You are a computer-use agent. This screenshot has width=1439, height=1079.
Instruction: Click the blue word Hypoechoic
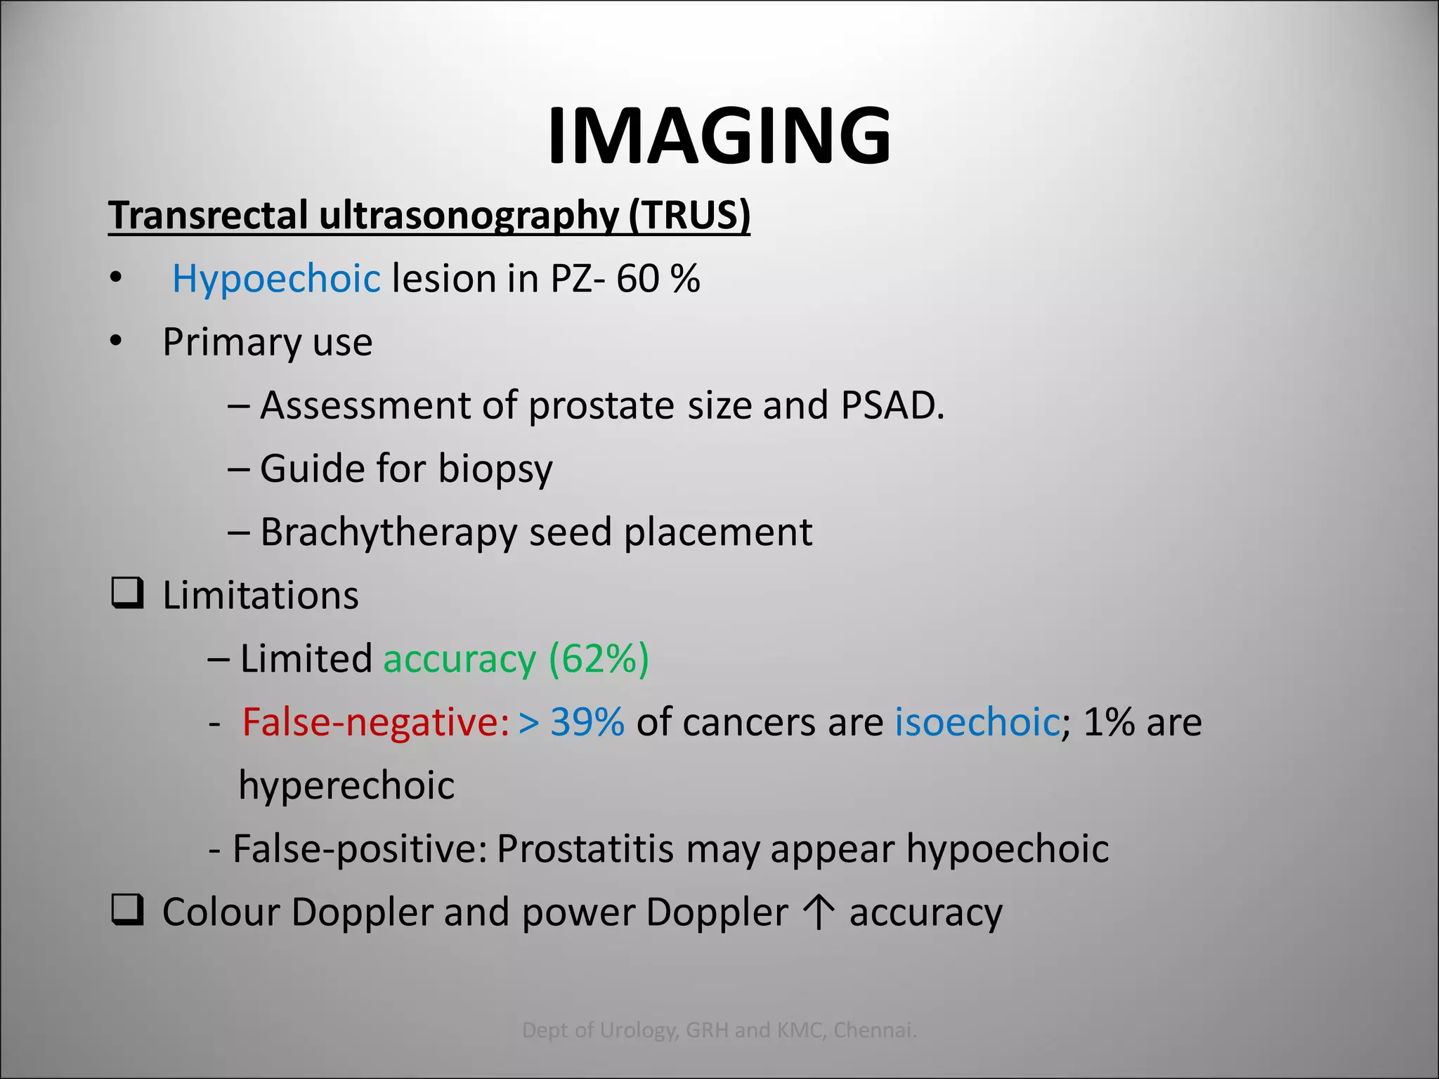pyautogui.click(x=276, y=279)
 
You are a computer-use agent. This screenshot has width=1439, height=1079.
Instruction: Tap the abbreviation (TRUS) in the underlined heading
pyautogui.click(x=689, y=215)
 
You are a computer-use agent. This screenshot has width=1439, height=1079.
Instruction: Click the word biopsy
pyautogui.click(x=495, y=469)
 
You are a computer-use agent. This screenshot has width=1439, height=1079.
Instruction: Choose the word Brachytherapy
pyautogui.click(x=389, y=532)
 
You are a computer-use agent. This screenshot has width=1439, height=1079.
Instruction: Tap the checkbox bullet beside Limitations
pyautogui.click(x=128, y=594)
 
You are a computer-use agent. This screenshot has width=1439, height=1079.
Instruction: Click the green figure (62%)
pyautogui.click(x=599, y=659)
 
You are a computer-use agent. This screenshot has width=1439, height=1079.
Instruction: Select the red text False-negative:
pyautogui.click(x=375, y=722)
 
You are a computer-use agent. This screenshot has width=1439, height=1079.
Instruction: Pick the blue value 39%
pyautogui.click(x=587, y=722)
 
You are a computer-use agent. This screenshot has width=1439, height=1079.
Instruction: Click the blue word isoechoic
pyautogui.click(x=977, y=722)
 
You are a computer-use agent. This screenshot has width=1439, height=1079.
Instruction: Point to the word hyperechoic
pyautogui.click(x=346, y=785)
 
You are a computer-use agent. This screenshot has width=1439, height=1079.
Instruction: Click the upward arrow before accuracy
pyautogui.click(x=819, y=912)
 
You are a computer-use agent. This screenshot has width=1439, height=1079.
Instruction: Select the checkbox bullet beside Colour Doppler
pyautogui.click(x=128, y=910)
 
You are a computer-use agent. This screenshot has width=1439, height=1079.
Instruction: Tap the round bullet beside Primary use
pyautogui.click(x=116, y=342)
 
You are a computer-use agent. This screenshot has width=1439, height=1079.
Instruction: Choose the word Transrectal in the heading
pyautogui.click(x=208, y=215)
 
